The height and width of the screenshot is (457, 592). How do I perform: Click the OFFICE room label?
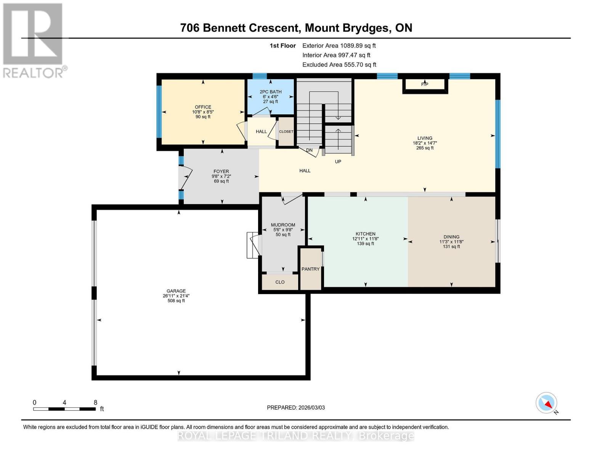click(203, 107)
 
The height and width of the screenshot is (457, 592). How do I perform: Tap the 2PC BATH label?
click(270, 92)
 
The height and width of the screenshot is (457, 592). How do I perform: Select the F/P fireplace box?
click(425, 85)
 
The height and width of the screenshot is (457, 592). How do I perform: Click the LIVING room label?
click(425, 138)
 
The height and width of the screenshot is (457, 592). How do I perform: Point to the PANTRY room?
click(311, 269)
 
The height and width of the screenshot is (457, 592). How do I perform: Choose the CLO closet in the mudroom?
click(280, 282)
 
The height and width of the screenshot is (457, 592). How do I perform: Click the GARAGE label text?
click(176, 291)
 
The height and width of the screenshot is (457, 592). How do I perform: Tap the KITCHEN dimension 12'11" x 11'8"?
click(365, 239)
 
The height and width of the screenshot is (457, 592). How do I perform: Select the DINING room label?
click(451, 236)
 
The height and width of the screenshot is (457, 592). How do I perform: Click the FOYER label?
click(221, 171)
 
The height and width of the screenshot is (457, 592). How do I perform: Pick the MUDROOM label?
click(283, 225)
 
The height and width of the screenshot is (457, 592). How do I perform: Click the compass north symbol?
click(547, 403)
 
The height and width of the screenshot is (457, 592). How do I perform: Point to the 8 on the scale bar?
click(95, 403)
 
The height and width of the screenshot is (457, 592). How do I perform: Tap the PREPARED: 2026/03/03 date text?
click(296, 407)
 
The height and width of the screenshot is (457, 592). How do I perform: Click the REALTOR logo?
click(34, 40)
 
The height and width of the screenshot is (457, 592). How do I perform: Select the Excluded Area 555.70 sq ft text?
click(339, 65)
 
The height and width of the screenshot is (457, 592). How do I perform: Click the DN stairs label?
click(309, 150)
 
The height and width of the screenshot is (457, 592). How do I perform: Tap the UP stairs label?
click(338, 161)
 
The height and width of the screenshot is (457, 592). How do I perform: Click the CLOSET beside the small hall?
click(286, 131)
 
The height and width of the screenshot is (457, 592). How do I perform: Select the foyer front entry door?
click(186, 177)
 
